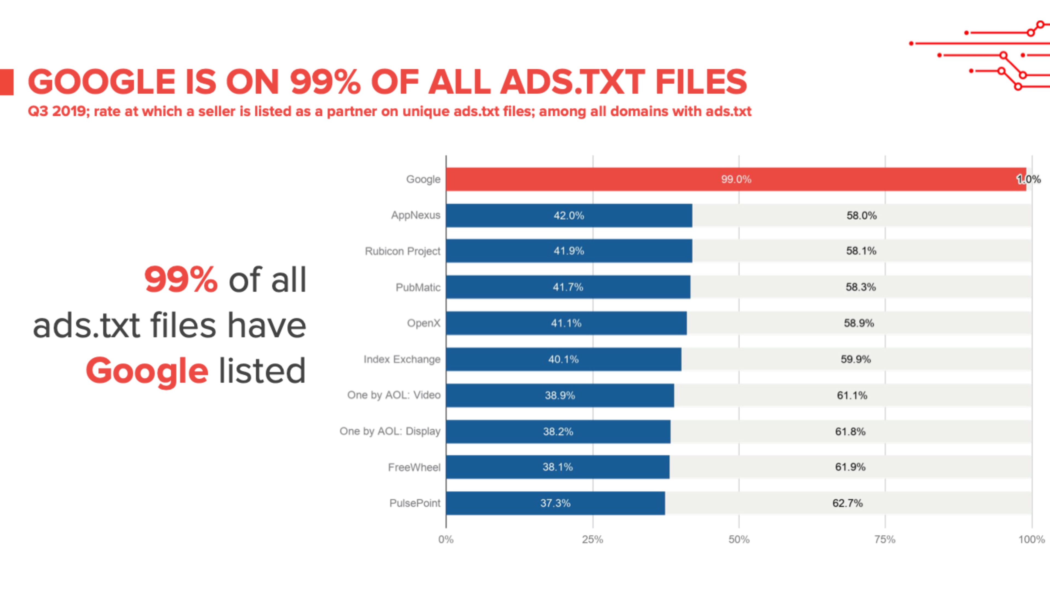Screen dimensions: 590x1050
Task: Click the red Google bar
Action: [x=611, y=179]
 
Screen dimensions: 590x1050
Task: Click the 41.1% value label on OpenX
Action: [x=566, y=323]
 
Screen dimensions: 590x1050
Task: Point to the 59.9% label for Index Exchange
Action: [x=856, y=359]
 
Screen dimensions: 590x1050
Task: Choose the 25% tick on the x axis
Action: [x=592, y=539]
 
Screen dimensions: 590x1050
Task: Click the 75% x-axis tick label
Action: [x=885, y=539]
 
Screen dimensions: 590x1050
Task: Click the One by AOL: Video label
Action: [x=393, y=395]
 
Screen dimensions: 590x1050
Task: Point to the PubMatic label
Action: [x=418, y=287]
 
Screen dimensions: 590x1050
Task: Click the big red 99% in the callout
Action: [x=180, y=279]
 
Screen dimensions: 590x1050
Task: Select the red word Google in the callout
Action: [x=147, y=371]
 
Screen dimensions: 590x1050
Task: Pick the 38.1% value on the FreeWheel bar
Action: [x=557, y=467]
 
